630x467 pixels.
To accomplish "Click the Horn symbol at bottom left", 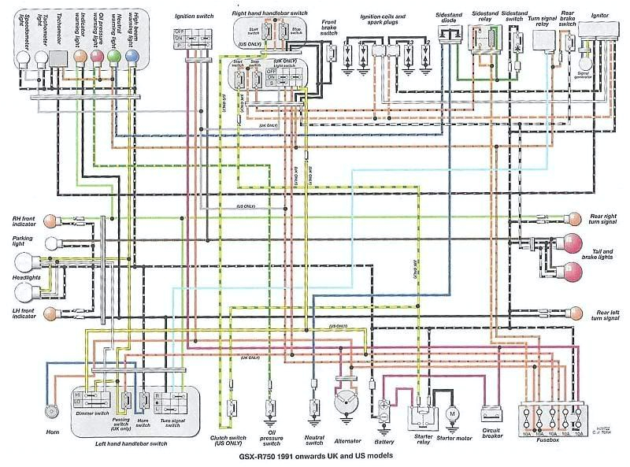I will click(x=52, y=410).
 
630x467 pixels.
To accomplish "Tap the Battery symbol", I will click(x=384, y=410).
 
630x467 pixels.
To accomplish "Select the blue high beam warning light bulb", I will click(x=132, y=57).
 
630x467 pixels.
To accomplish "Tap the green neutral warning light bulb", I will click(x=113, y=57).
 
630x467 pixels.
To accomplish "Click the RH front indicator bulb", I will click(x=50, y=221).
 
